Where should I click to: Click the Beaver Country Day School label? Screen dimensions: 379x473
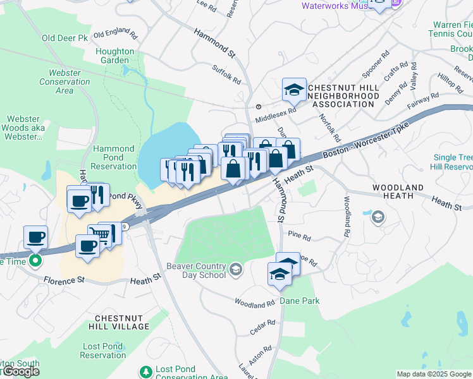(x=196, y=270)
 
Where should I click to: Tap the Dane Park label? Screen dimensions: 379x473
(x=300, y=301)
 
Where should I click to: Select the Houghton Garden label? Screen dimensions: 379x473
(x=114, y=56)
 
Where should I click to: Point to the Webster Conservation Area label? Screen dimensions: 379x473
(x=64, y=81)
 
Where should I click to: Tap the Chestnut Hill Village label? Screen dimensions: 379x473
(x=121, y=322)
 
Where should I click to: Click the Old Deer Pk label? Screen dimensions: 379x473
(x=64, y=39)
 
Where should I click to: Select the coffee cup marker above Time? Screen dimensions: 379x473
(x=35, y=238)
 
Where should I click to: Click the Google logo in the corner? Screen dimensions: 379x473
(x=20, y=371)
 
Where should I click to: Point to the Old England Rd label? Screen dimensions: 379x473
(x=114, y=33)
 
